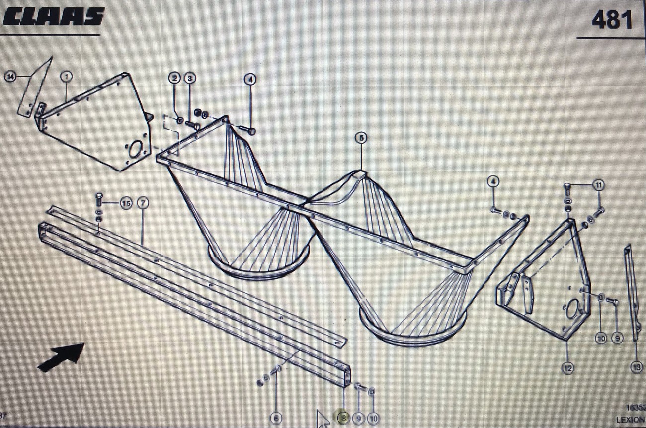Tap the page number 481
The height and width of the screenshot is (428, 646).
pos(612,20)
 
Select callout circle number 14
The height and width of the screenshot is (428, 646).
pos(10,76)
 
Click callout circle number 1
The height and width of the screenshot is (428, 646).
pos(66,76)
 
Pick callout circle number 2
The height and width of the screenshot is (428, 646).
pos(174,78)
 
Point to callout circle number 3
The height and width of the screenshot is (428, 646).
pos(189,78)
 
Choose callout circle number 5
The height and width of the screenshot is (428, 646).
pos(361,138)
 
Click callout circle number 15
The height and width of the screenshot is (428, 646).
pos(126,203)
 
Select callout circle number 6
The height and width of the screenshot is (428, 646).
pos(276,418)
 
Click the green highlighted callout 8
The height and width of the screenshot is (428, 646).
pos(343,418)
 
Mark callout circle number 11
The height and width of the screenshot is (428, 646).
pos(599,185)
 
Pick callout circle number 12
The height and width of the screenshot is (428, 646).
pos(567,368)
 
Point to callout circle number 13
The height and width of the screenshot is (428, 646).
pos(636,367)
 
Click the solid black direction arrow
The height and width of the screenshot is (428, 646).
pos(62,356)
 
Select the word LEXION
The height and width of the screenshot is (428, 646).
pos(630,420)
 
